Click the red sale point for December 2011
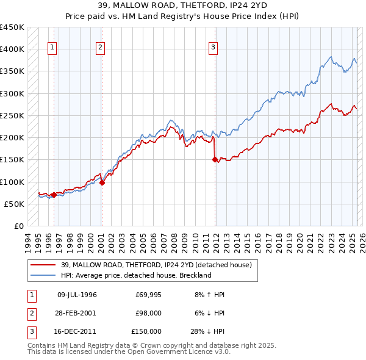(x=215, y=160)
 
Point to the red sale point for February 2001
(x=102, y=182)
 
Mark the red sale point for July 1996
(x=54, y=195)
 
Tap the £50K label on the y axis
(x=14, y=204)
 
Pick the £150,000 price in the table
(x=146, y=331)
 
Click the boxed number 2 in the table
(x=30, y=313)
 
